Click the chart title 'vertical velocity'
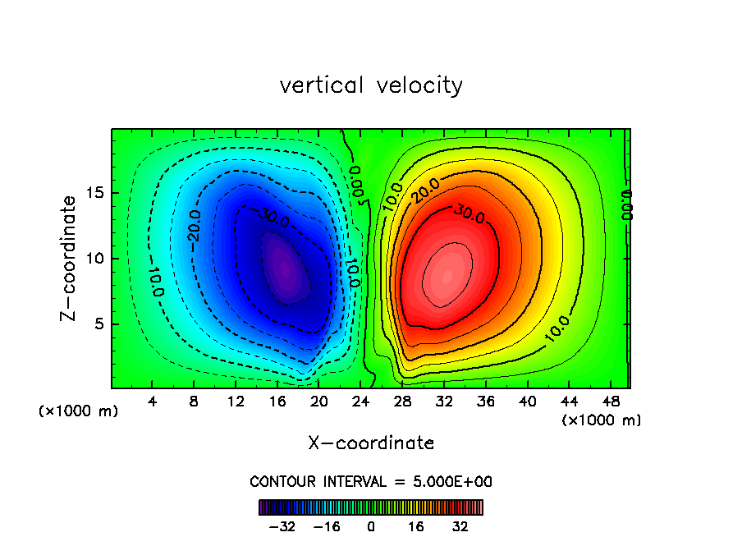coord(371,85)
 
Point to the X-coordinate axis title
coord(371,443)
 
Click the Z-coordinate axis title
coord(71,258)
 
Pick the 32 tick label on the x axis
coord(444,402)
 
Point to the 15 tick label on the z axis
coord(97,193)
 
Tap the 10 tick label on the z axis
coord(97,258)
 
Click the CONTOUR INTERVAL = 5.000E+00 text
coord(371,481)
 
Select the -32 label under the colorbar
coord(282,526)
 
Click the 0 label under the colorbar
coord(371,526)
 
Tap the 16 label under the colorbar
coord(417,526)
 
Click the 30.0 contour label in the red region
coord(468,215)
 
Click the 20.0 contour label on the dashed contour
coord(194,226)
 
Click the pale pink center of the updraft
coord(447,278)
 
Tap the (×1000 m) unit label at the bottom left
coord(79,411)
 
